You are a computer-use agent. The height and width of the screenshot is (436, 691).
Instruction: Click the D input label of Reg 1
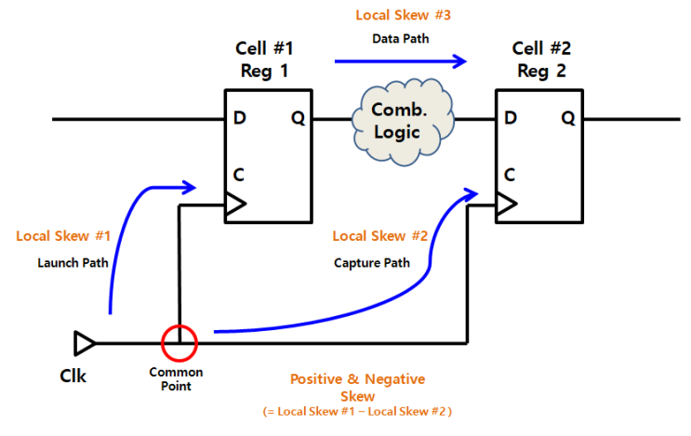click(x=240, y=118)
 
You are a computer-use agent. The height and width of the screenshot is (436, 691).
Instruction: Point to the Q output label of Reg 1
click(x=297, y=118)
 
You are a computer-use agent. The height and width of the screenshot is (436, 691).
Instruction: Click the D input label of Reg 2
click(x=510, y=118)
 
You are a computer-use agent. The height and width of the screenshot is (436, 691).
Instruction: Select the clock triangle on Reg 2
click(x=506, y=204)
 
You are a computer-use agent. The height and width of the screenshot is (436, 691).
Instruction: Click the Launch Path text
click(x=73, y=262)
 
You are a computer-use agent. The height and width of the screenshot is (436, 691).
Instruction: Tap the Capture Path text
click(x=372, y=262)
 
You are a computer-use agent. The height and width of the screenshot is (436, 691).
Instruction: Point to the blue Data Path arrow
click(x=400, y=62)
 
